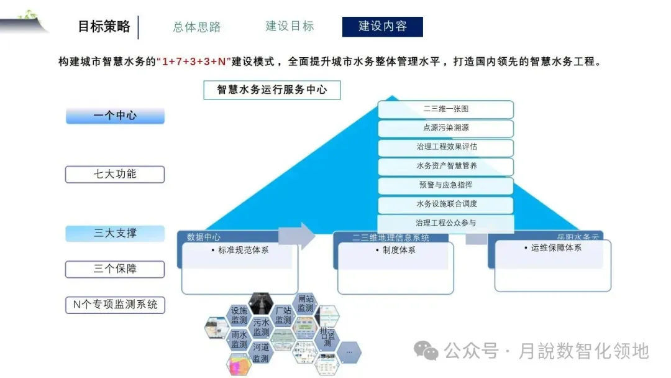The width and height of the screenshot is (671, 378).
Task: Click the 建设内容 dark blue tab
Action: click(382, 27)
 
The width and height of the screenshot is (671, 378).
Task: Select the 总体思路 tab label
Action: click(197, 27)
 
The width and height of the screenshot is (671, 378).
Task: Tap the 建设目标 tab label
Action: click(290, 26)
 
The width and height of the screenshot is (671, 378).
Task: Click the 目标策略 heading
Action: click(104, 26)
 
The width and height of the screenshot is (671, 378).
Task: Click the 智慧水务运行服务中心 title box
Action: click(272, 90)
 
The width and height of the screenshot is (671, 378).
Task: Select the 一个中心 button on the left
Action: click(115, 116)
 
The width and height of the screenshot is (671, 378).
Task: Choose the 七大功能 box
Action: click(115, 174)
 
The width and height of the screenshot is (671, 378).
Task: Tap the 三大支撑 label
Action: click(115, 233)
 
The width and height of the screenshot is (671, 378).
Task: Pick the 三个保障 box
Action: click(115, 269)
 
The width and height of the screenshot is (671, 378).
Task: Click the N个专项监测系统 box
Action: click(115, 305)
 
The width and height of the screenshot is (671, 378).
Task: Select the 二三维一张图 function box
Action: click(445, 109)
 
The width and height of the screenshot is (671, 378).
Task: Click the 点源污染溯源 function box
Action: click(445, 128)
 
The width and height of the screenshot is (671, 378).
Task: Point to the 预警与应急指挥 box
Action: click(445, 185)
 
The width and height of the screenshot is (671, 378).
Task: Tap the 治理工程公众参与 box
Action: click(445, 223)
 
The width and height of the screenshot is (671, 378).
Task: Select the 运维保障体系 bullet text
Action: click(555, 247)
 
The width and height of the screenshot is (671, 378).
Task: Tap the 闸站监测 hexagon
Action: click(305, 303)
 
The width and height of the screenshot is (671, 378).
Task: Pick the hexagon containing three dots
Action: click(349, 352)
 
